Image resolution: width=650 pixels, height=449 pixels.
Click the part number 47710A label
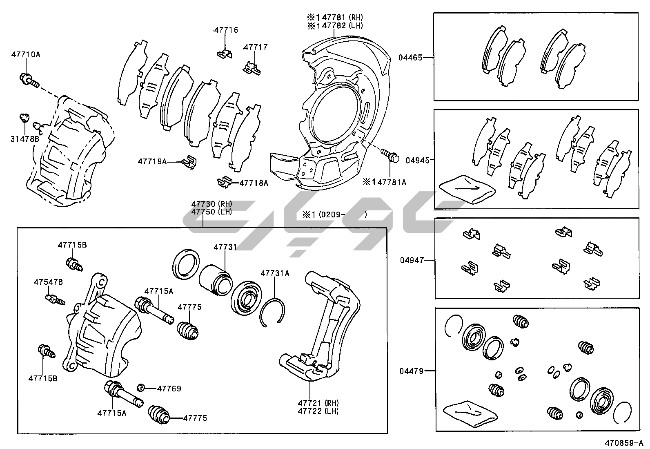(x=25, y=54)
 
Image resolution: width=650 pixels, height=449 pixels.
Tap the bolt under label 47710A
(x=28, y=80)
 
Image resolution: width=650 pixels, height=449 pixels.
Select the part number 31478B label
(x=24, y=139)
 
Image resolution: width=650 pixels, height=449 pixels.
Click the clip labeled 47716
(x=224, y=53)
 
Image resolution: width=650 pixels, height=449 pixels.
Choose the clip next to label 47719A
(x=189, y=162)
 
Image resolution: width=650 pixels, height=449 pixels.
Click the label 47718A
(x=254, y=183)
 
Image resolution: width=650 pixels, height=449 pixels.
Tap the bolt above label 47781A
(x=390, y=156)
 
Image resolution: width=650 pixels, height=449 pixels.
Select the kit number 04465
(x=410, y=58)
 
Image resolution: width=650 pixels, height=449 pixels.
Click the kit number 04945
(x=417, y=160)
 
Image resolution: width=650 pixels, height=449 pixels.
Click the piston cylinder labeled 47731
(x=216, y=279)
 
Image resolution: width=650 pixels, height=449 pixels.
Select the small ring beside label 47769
(x=141, y=387)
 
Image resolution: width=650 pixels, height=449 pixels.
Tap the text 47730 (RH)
(x=211, y=204)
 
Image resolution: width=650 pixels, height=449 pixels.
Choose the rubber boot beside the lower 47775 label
(x=159, y=416)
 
